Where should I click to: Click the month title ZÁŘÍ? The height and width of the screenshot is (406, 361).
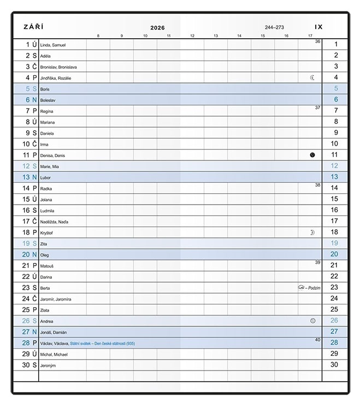(34, 27)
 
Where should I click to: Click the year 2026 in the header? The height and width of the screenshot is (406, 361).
(157, 28)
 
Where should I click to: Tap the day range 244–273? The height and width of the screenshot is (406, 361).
(274, 27)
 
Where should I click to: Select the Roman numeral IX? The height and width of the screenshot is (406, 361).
(319, 27)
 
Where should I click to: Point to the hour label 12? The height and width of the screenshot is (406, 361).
(192, 36)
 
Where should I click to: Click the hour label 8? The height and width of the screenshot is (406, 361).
(98, 36)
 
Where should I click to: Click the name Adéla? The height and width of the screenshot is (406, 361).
(45, 56)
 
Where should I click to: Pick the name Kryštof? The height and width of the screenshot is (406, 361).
(47, 232)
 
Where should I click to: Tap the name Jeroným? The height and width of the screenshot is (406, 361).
(49, 365)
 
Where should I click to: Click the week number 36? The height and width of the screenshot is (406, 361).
(317, 41)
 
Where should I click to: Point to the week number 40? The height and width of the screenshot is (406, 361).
(317, 339)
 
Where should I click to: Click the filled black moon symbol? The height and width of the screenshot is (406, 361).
(312, 155)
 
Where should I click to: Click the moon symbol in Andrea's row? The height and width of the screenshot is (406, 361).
(312, 321)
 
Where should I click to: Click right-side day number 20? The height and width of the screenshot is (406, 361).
(334, 254)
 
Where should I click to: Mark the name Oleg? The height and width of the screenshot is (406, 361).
(45, 255)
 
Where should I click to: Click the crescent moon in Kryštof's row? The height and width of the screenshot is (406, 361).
(312, 232)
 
